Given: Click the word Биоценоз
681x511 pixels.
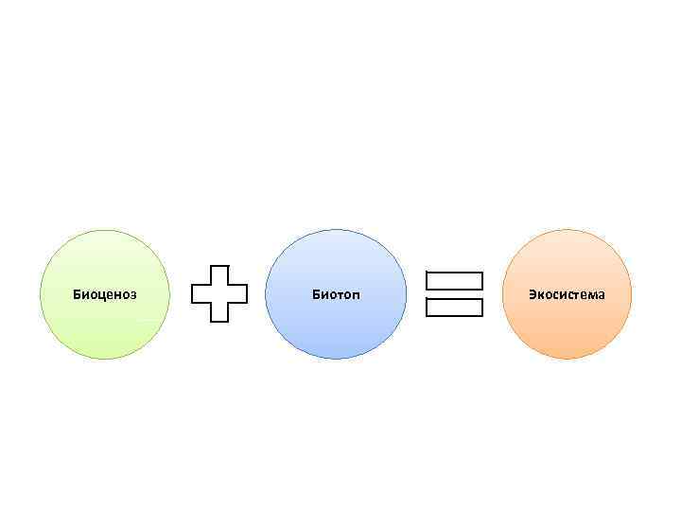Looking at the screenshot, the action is (105, 294).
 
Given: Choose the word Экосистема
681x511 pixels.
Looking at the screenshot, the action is (567, 294).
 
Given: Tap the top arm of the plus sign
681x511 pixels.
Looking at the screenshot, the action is (219, 273).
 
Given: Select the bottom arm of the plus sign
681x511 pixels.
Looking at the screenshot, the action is (219, 313).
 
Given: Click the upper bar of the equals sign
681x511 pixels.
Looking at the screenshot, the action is (454, 281).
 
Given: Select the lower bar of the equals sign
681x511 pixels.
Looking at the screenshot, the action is (454, 308).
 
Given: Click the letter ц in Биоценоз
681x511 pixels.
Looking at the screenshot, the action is (99, 295).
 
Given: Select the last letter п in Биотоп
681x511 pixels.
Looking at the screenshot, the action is (356, 295).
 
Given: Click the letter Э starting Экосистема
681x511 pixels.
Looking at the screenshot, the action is (533, 294).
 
